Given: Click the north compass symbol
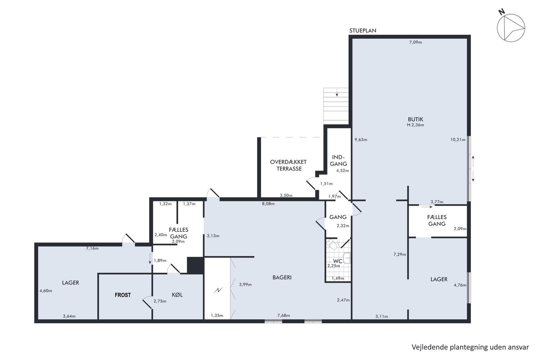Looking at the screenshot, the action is (511, 28).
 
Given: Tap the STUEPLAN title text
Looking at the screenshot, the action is (363, 30).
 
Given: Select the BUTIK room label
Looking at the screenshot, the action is (416, 119).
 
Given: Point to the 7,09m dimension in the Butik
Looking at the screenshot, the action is (416, 42).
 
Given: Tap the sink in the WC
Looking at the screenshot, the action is (347, 258).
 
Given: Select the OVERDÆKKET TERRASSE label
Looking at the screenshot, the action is (289, 165).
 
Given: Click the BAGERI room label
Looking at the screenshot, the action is (282, 277).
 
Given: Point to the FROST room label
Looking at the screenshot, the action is (123, 295).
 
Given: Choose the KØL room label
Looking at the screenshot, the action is (177, 295).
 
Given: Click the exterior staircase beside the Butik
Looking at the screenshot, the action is (336, 106).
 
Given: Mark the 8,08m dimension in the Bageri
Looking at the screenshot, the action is (268, 204).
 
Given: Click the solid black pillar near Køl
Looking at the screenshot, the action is (196, 265).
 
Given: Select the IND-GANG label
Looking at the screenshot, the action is (339, 161).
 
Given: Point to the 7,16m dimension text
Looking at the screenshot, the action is (92, 248).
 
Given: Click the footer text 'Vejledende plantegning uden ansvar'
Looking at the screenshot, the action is (470, 347).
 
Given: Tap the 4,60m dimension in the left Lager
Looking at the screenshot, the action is (46, 291).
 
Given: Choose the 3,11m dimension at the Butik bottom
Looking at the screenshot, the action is (381, 316).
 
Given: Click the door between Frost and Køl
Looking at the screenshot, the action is (147, 303).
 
